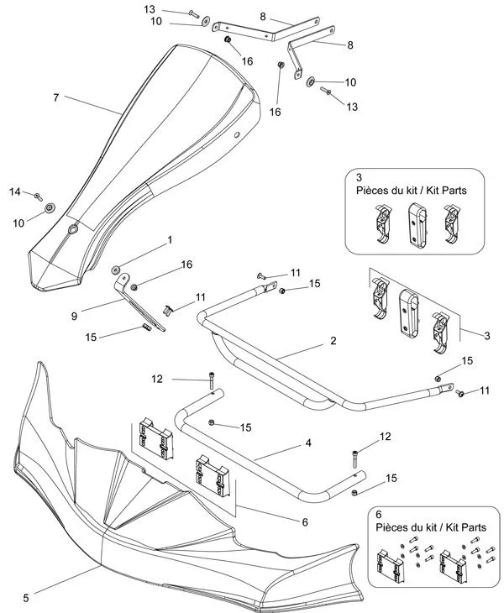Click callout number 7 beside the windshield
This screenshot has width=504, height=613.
(x=55, y=98)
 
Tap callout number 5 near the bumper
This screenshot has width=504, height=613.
(x=26, y=597)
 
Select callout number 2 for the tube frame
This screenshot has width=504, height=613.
(x=333, y=341)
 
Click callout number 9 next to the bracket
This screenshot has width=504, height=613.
(x=75, y=316)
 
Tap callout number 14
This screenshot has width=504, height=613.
(x=14, y=192)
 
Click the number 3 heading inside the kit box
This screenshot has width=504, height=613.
(x=359, y=178)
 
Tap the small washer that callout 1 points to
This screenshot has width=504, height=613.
(x=117, y=270)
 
